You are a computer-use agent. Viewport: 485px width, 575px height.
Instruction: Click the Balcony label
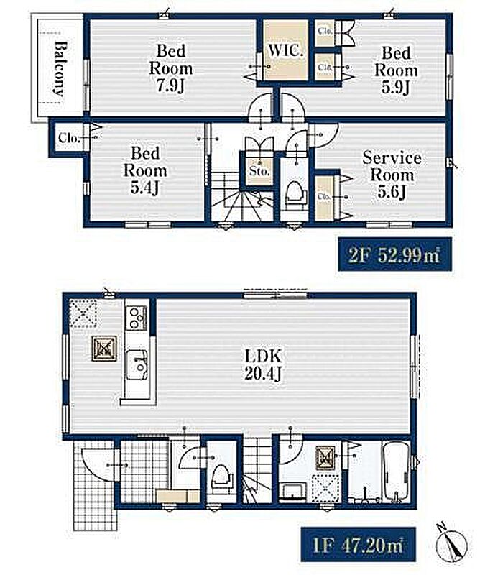(x=60, y=68)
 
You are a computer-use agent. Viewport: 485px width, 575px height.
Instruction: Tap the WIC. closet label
(x=286, y=50)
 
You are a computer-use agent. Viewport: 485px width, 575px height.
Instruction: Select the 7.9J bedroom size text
(x=170, y=86)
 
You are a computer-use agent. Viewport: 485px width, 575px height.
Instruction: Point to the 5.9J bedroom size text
(x=396, y=87)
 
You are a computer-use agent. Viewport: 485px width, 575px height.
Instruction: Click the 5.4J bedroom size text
(x=145, y=188)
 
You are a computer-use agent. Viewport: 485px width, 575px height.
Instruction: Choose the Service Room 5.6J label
(x=392, y=175)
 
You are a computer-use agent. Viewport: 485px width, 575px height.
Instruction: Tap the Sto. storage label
(x=259, y=170)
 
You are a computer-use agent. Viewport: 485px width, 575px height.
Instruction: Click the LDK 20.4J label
(x=263, y=364)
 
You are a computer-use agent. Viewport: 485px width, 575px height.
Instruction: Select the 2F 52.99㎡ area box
(x=394, y=254)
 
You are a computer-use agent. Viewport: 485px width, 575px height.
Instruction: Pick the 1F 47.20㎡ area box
(x=359, y=545)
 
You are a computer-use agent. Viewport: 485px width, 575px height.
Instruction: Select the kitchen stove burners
(x=137, y=318)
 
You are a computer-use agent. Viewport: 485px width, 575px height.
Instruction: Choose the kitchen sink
(x=137, y=365)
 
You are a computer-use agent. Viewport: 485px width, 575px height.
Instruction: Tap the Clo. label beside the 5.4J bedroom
(x=68, y=138)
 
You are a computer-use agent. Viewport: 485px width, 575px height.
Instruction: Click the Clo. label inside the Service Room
(x=324, y=196)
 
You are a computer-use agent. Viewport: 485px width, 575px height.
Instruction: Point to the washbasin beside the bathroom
(x=292, y=492)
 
